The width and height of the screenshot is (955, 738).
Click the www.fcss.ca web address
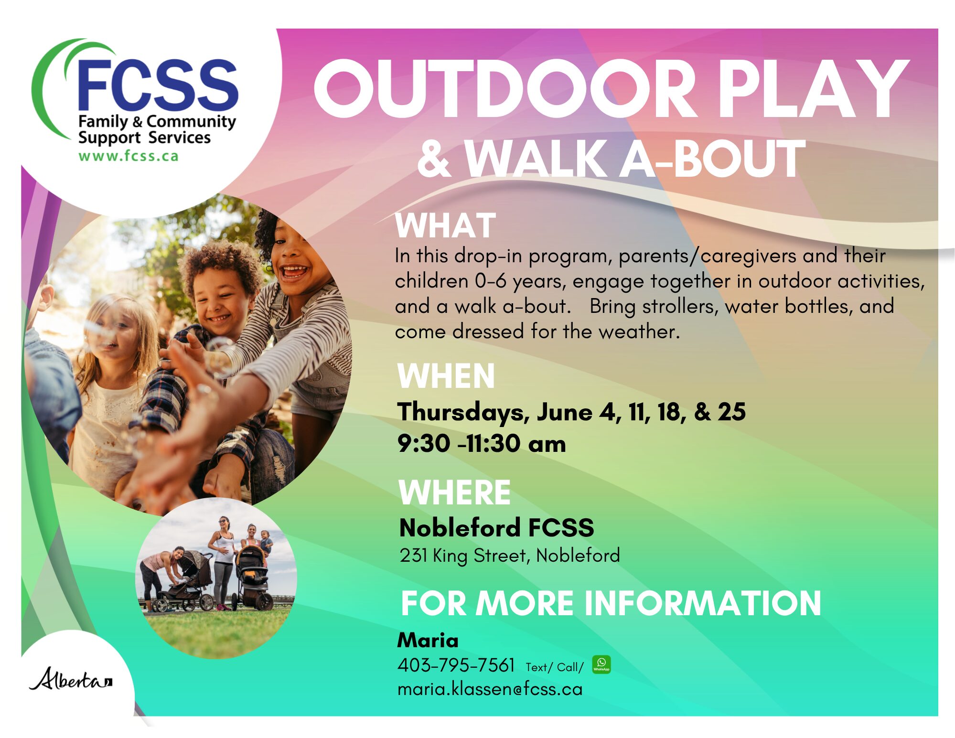tap(129, 156)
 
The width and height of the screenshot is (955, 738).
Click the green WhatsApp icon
tap(601, 664)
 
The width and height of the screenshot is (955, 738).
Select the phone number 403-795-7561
tap(456, 665)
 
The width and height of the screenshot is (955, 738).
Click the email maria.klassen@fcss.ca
tap(490, 689)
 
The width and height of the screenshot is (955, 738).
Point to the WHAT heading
tap(446, 225)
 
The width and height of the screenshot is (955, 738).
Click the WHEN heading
tap(446, 376)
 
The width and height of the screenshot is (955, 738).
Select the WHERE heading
tap(455, 492)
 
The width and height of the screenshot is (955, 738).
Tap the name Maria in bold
tap(428, 640)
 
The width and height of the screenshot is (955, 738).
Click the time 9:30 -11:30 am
tap(482, 443)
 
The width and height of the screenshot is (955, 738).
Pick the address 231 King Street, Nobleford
tap(510, 556)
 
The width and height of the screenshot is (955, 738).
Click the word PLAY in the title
tap(813, 89)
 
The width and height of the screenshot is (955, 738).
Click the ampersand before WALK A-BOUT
tap(434, 159)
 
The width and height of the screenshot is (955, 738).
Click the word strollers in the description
tap(680, 306)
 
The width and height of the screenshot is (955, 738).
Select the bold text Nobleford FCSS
tap(497, 528)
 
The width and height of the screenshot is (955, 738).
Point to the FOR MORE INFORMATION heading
tap(611, 603)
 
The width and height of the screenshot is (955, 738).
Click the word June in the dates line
tap(564, 412)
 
